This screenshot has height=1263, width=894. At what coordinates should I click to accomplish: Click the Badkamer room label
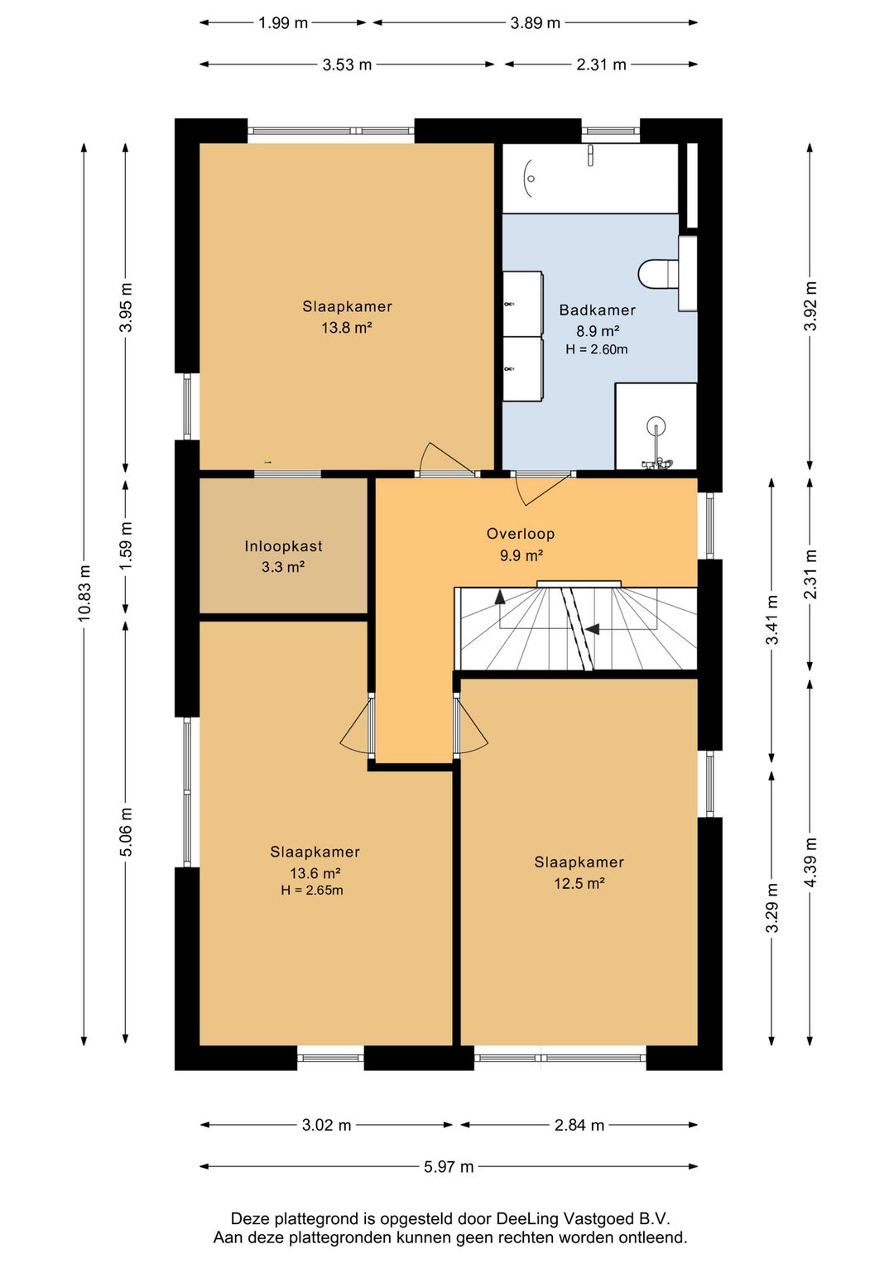pyautogui.click(x=597, y=310)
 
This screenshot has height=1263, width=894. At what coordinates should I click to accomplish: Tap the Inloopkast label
pyautogui.click(x=283, y=545)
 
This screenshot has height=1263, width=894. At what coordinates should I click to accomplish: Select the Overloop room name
pyautogui.click(x=521, y=533)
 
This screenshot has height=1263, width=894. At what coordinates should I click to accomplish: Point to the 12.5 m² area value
pyautogui.click(x=579, y=883)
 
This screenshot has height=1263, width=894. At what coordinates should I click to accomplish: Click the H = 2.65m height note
pyautogui.click(x=312, y=891)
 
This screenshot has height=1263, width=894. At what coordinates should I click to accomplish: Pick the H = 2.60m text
pyautogui.click(x=596, y=349)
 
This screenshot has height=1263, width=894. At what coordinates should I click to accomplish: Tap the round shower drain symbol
pyautogui.click(x=656, y=423)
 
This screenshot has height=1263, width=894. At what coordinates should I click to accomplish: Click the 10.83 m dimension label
pyautogui.click(x=84, y=593)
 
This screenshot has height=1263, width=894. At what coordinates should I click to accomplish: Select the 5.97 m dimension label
pyautogui.click(x=449, y=1167)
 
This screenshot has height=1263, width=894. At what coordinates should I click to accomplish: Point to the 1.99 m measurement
pyautogui.click(x=283, y=23)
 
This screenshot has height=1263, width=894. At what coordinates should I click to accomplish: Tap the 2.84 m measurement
pyautogui.click(x=579, y=1126)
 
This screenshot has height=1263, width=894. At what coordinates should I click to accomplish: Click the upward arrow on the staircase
pyautogui.click(x=500, y=597)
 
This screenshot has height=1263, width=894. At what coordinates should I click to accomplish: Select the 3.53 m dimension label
pyautogui.click(x=347, y=65)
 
